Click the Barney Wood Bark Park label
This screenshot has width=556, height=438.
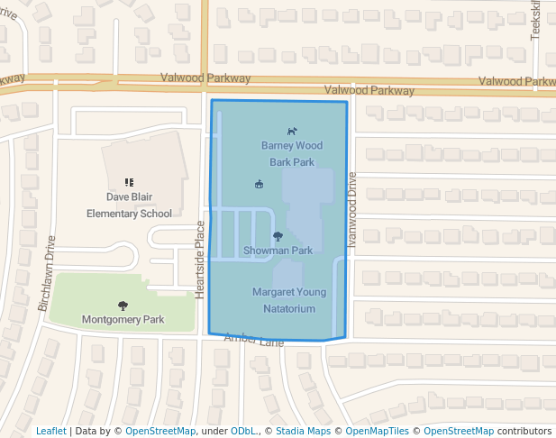pyautogui.click(x=292, y=153)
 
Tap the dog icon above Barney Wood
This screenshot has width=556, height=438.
pyautogui.click(x=292, y=131)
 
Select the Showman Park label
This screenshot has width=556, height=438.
pyautogui.click(x=278, y=250)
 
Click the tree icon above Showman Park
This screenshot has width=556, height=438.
pyautogui.click(x=278, y=236)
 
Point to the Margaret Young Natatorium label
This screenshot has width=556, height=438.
pyautogui.click(x=289, y=300)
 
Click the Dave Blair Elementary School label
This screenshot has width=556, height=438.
pyautogui.click(x=128, y=205)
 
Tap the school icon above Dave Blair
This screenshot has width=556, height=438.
pyautogui.click(x=129, y=182)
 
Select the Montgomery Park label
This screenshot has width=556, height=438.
pyautogui.click(x=123, y=319)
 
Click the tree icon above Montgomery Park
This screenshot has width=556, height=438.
pyautogui.click(x=123, y=306)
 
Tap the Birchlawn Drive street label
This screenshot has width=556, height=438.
pyautogui.click(x=46, y=273)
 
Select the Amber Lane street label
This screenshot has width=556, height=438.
pyautogui.click(x=254, y=339)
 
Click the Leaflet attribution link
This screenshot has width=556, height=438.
pyautogui.click(x=51, y=431)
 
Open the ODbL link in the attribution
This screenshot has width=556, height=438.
pyautogui.click(x=243, y=431)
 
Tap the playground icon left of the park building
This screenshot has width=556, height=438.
pyautogui.click(x=260, y=185)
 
